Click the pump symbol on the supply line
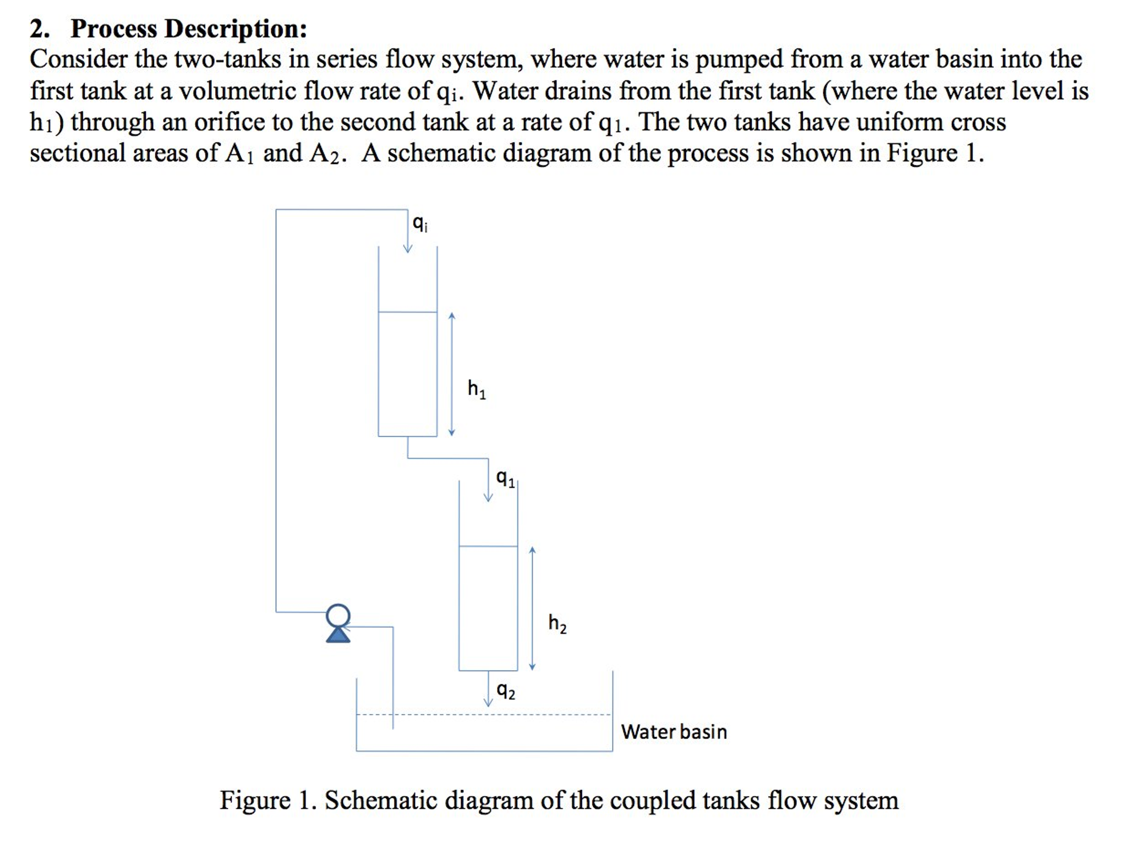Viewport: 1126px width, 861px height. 338,623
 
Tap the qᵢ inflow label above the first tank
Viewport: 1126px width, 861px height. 419,223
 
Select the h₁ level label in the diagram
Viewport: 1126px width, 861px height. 477,389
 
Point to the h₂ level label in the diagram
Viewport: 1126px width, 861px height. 557,623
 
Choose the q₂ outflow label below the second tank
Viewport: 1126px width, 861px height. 506,690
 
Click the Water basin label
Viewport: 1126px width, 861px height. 674,732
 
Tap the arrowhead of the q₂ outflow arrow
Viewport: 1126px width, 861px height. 488,702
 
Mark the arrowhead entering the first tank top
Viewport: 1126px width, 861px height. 407,249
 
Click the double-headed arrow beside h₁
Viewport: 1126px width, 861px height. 452,374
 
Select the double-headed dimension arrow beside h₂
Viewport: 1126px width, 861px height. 532,608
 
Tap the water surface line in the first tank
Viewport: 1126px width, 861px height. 407,312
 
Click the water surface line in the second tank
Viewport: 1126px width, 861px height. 488,546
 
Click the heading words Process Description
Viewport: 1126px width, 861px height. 189,29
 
